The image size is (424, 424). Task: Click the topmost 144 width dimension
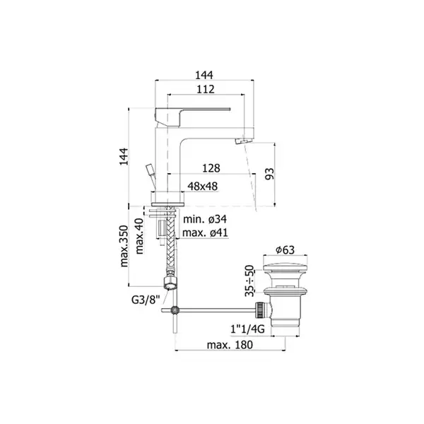[204, 75]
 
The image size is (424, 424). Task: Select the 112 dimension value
[206, 89]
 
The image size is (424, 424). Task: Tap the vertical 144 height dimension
[124, 157]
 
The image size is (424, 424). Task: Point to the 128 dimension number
[211, 168]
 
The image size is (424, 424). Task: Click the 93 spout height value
[269, 174]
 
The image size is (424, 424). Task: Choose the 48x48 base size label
[203, 187]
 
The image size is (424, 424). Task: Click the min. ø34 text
[205, 219]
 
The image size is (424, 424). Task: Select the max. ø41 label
[205, 232]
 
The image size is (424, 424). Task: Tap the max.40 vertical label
[139, 236]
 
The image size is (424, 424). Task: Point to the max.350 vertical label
[124, 246]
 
